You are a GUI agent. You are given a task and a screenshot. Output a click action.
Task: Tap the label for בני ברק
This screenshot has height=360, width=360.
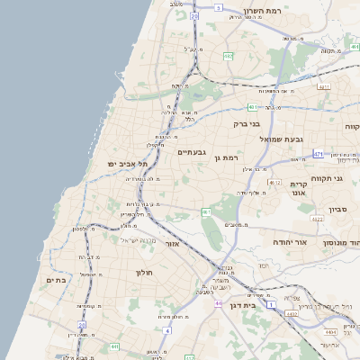pyautogui.click(x=246, y=124)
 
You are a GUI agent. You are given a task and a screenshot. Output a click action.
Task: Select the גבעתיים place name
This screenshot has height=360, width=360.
pyautogui.click(x=192, y=152)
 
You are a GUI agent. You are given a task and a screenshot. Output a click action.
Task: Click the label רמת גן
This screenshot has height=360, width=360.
pyautogui.click(x=229, y=157)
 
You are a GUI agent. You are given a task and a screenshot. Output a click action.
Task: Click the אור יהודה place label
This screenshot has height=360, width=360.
pyautogui.click(x=315, y=243)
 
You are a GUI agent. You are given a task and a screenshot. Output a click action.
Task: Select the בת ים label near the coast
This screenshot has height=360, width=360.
pyautogui.click(x=56, y=281)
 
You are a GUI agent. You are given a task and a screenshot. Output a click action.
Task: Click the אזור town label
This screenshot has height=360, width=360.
pyautogui.click(x=174, y=244)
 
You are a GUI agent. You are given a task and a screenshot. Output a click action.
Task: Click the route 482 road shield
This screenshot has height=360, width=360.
pyautogui.click(x=228, y=56)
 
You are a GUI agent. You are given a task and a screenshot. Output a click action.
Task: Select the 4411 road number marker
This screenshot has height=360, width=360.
pyautogui.click(x=324, y=87)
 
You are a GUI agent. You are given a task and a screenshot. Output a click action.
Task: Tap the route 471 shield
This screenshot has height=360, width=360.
pyautogui.click(x=319, y=154)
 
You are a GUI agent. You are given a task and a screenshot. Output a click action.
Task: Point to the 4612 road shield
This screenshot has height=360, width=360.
pyautogui.click(x=274, y=182)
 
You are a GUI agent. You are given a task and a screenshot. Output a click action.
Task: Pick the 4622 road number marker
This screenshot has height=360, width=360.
pyautogui.click(x=317, y=218)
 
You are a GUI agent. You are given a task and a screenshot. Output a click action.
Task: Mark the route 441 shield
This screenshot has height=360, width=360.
pyautogui.click(x=114, y=346)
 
